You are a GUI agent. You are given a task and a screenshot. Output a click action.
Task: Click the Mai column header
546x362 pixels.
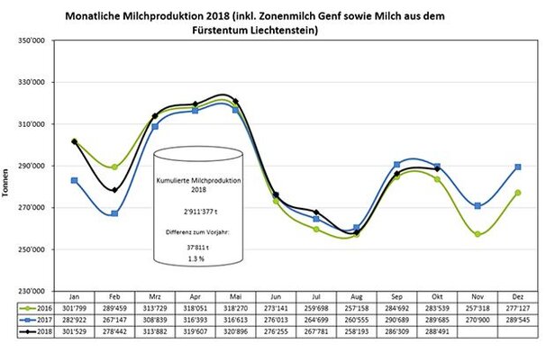pyautogui.click(x=234, y=295)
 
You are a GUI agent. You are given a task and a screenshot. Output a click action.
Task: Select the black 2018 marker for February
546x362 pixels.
pyautogui.click(x=114, y=190)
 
